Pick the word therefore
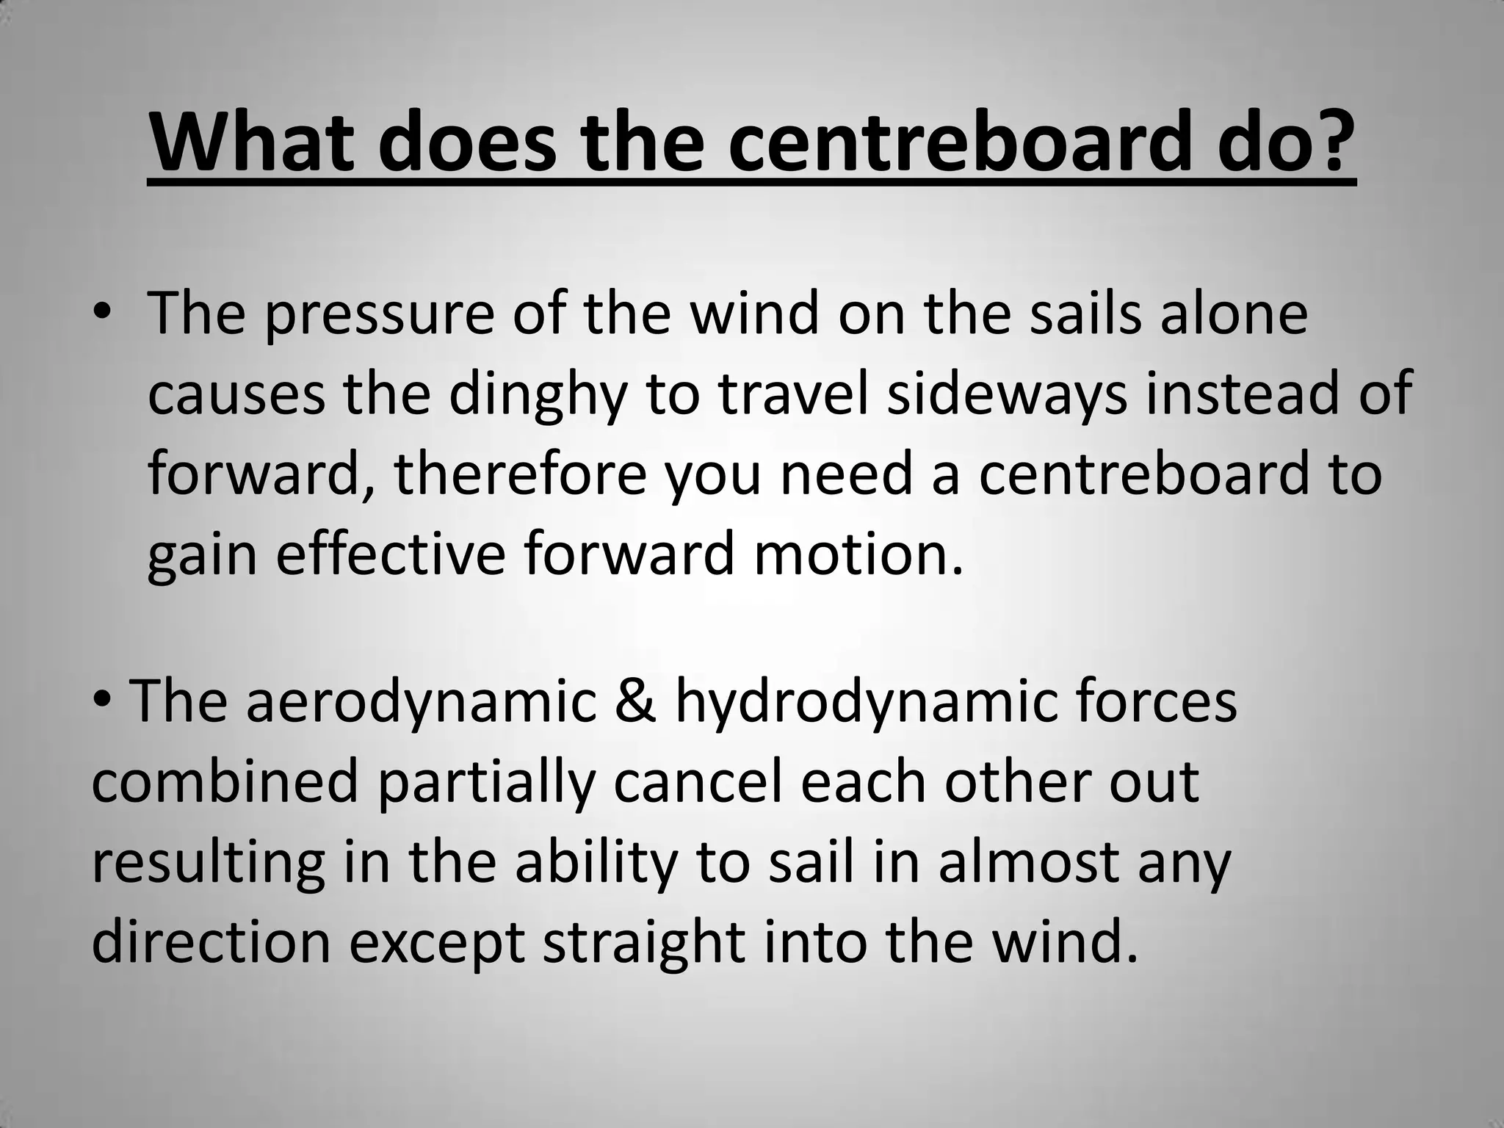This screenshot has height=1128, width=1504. (x=520, y=476)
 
